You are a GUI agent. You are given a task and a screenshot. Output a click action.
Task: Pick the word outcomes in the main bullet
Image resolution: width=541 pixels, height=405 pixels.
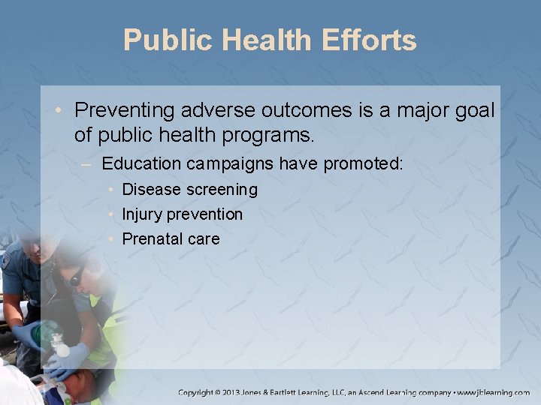[310, 110]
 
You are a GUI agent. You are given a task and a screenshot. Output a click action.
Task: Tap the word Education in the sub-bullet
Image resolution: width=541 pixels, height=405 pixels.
[141, 163]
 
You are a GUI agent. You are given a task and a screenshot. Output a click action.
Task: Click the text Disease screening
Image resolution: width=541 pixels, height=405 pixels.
[189, 190]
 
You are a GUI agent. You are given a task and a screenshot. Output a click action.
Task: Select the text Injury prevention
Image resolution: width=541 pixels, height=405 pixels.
[182, 214]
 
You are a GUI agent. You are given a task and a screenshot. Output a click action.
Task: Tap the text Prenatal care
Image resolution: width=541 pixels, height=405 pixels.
[171, 239]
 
